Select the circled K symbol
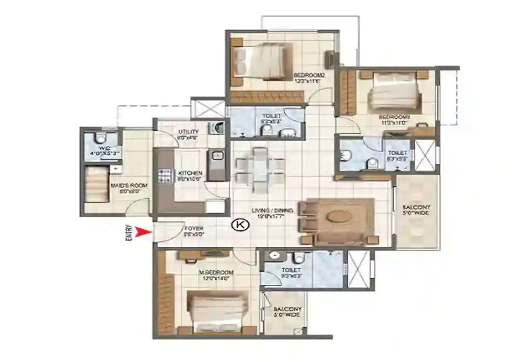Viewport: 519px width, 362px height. click(x=239, y=225)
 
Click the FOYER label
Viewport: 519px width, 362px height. click(x=194, y=228)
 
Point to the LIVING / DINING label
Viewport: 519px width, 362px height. click(x=272, y=211)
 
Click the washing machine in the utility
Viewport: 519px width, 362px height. click(x=218, y=128)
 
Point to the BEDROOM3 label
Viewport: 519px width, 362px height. click(x=394, y=117)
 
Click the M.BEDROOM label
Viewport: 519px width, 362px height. click(x=216, y=272)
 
